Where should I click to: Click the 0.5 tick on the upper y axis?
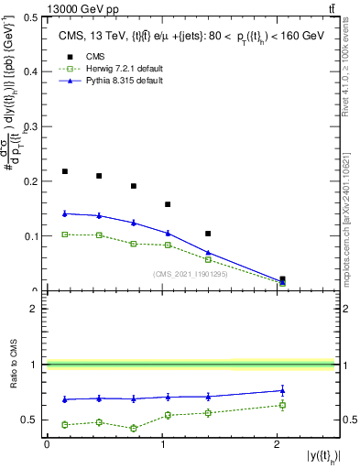34,16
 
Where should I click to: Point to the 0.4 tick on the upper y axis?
34,71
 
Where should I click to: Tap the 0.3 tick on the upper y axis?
34,126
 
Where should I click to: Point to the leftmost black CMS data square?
64,171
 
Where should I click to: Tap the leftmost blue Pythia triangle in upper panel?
64,213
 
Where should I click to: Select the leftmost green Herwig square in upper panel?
64,234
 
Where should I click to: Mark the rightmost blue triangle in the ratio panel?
282,390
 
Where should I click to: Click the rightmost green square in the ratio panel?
282,405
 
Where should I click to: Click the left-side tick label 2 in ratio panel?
37,309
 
